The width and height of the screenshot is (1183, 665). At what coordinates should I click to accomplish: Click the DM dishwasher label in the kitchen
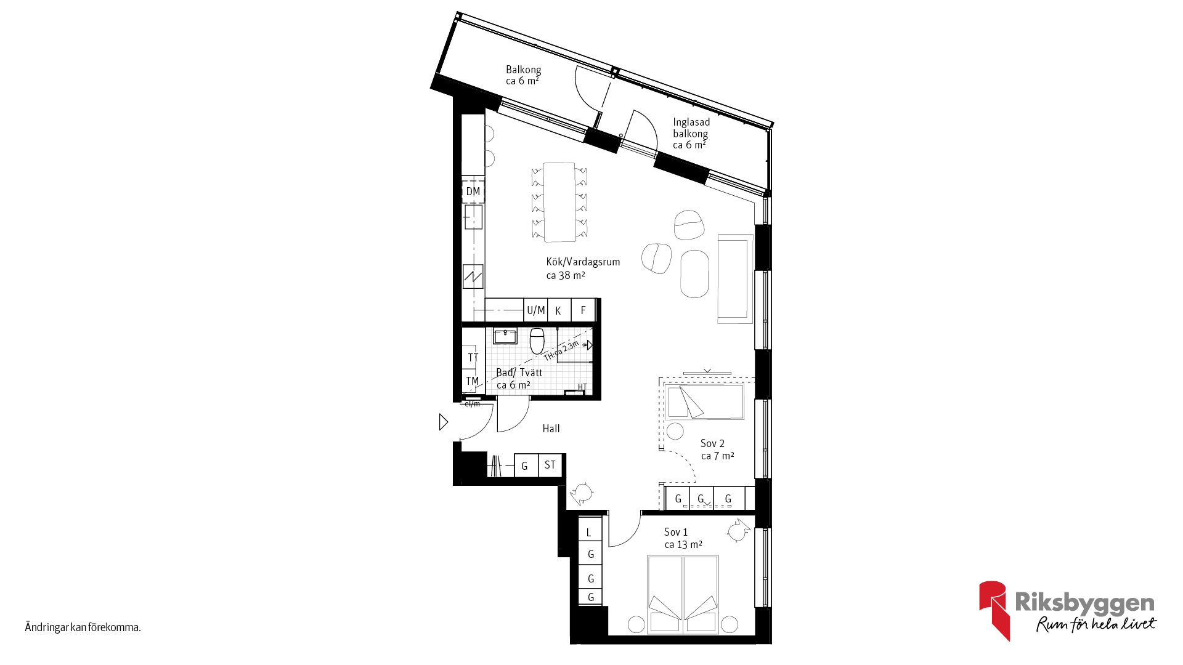click(473, 191)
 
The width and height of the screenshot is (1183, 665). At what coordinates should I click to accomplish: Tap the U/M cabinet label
click(536, 310)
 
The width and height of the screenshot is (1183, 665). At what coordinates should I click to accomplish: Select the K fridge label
click(558, 311)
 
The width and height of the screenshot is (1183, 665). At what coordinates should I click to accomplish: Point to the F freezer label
click(583, 310)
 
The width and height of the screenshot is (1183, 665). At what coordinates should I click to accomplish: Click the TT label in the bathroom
click(473, 358)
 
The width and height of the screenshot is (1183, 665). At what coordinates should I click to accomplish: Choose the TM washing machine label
click(473, 381)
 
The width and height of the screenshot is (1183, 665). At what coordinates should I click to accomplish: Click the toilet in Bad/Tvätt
click(537, 341)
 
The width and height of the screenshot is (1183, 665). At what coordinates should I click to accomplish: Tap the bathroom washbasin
click(505, 336)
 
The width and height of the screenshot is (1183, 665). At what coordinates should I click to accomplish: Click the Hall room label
click(551, 429)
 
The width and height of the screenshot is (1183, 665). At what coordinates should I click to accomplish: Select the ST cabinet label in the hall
click(550, 465)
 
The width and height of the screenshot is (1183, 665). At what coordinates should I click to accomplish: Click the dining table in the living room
click(559, 202)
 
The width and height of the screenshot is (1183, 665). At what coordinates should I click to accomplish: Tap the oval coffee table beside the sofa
click(694, 274)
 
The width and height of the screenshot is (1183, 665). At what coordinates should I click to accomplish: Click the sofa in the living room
click(735, 278)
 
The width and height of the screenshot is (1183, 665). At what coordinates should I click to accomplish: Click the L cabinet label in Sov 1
click(589, 533)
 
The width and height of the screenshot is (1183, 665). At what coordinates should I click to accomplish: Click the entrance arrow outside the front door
click(443, 422)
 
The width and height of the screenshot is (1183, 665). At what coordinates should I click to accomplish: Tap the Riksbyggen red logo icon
click(994, 610)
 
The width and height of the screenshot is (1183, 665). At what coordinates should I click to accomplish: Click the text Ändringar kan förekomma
click(83, 627)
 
